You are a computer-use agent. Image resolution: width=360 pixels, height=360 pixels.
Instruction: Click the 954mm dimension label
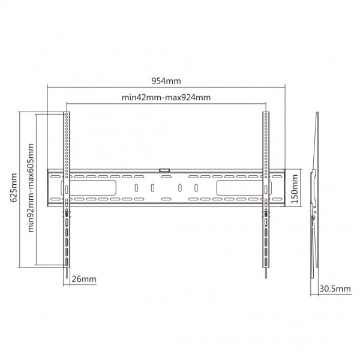click(166, 81)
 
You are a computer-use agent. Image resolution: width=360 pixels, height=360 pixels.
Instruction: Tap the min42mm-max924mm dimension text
click(166, 97)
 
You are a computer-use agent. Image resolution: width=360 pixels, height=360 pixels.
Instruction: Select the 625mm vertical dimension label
click(14, 188)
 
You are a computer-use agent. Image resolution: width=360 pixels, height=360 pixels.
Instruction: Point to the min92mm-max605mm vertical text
click(31, 188)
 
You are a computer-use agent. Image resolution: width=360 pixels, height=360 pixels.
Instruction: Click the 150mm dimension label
click(295, 189)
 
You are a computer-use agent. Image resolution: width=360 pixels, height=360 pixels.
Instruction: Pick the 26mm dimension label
click(84, 279)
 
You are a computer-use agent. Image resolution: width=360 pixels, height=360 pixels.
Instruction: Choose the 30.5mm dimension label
click(335, 289)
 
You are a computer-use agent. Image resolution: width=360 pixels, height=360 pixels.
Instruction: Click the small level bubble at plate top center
click(164, 170)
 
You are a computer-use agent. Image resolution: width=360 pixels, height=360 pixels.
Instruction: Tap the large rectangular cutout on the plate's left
click(89, 188)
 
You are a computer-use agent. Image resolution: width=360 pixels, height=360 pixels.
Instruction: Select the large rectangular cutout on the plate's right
click(244, 188)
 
